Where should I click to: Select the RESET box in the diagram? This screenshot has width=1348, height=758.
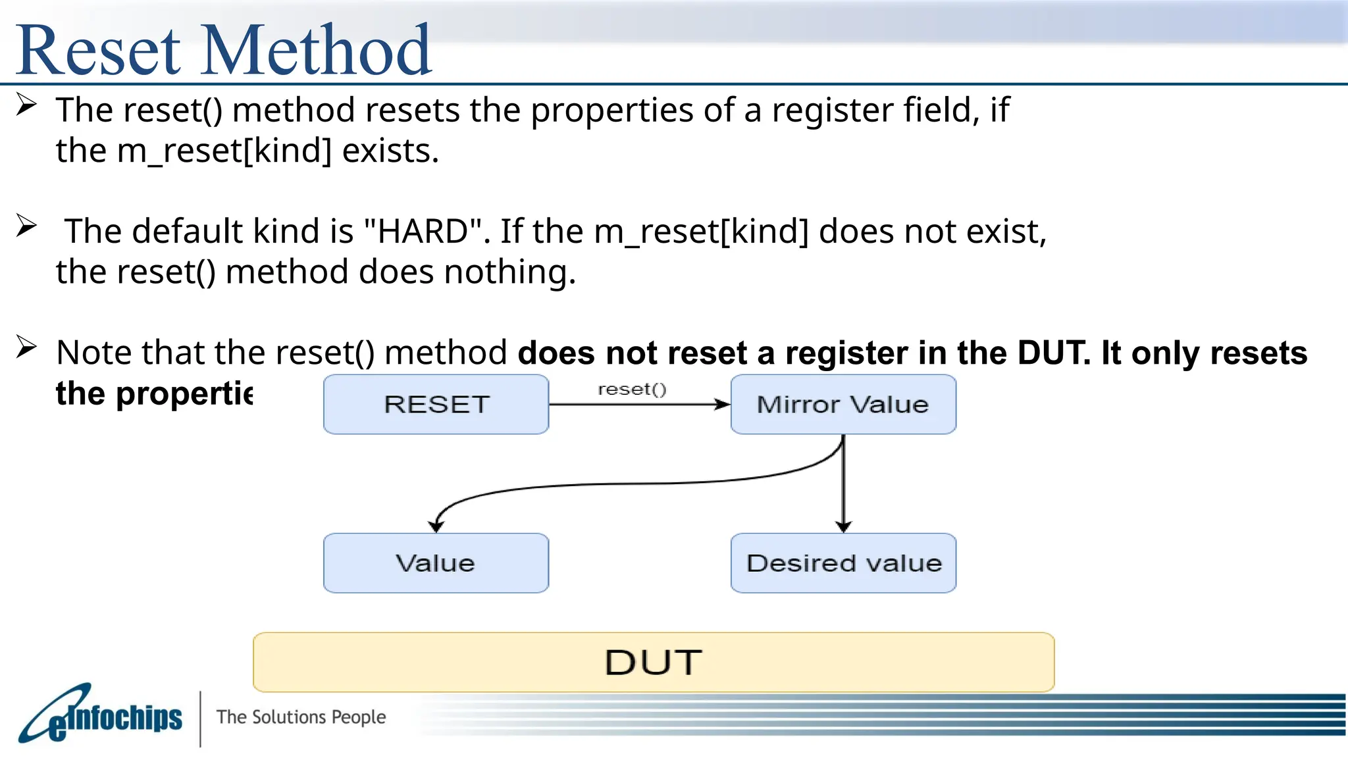(436, 404)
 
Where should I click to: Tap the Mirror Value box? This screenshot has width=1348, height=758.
(842, 404)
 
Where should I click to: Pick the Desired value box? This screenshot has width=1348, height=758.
(842, 563)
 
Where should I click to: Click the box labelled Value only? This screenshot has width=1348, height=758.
(436, 563)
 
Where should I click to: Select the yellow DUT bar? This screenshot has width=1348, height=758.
(653, 662)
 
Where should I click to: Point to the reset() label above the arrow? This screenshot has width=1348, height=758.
(632, 390)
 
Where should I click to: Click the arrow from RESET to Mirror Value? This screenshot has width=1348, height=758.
(638, 404)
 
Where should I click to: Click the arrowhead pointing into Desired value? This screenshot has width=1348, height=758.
(843, 526)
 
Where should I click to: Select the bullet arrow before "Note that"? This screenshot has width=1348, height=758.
(26, 347)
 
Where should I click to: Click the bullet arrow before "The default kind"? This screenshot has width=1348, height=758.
(26, 226)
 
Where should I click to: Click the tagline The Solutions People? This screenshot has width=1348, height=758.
(301, 717)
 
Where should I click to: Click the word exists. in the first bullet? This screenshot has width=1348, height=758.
(390, 151)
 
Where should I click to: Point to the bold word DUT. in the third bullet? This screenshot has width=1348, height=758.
(1054, 353)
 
